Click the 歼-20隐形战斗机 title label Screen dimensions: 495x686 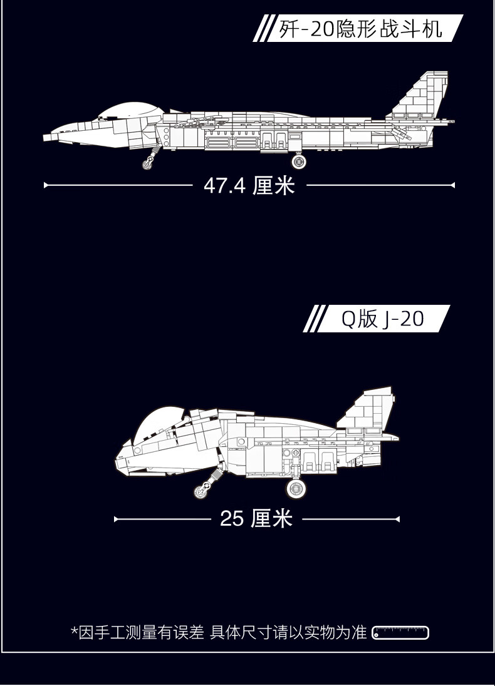tap(360, 29)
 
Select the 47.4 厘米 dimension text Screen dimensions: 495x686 tap(249, 185)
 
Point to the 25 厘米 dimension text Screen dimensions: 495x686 tap(256, 519)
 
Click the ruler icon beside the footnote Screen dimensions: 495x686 tap(400, 633)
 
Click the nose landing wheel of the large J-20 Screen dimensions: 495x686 tap(147, 164)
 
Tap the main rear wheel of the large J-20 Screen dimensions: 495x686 tap(299, 161)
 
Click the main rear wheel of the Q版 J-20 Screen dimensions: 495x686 tap(296, 489)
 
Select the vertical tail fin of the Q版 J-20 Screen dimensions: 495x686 tap(367, 409)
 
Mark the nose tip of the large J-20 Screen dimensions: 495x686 tap(44, 137)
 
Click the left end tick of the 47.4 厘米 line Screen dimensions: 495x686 tap(44, 185)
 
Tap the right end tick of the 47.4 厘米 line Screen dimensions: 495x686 tap(454, 185)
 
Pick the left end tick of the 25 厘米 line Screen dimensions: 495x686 tap(115, 520)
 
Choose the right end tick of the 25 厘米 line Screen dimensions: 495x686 tap(399, 520)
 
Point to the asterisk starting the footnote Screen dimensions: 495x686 tap(75, 630)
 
